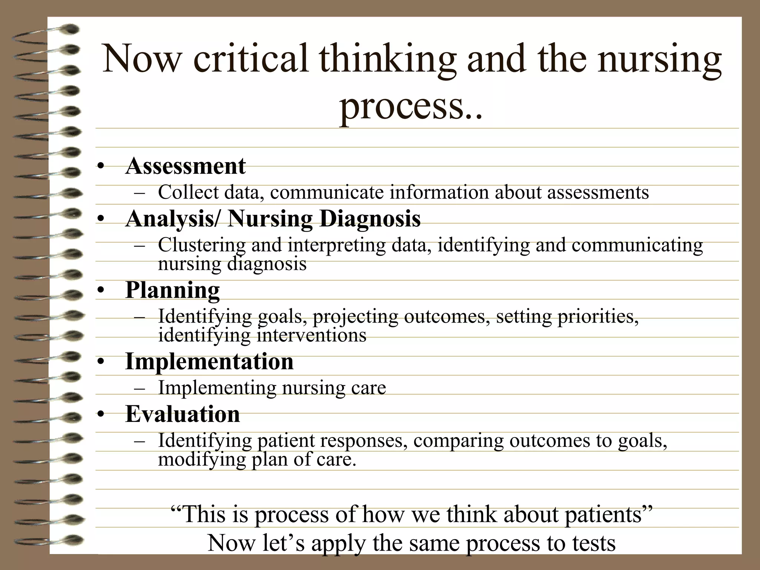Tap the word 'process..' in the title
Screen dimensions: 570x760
[411, 105]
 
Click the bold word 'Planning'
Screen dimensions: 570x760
[173, 290]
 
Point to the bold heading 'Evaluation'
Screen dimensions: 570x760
[183, 414]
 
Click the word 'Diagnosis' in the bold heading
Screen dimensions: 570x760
[370, 219]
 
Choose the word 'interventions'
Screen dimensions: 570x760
[311, 335]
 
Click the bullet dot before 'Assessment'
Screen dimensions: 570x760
[100, 167]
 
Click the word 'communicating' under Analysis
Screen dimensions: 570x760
[637, 245]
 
